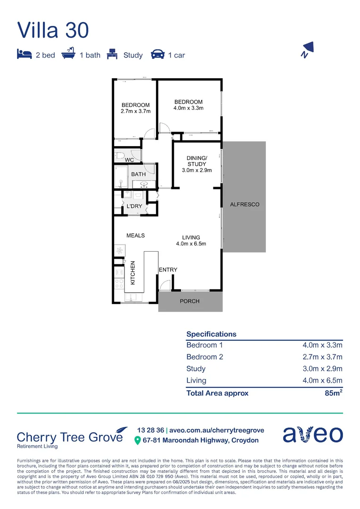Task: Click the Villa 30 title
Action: (53, 30)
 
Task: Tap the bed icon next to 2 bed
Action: (24, 54)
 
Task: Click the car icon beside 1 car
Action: (157, 55)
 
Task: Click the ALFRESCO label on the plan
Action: (244, 205)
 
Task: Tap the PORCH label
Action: (190, 301)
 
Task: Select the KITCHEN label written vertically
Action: (133, 272)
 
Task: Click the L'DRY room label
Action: (134, 206)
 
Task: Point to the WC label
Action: (129, 160)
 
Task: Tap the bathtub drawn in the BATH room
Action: (119, 177)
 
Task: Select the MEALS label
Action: (135, 235)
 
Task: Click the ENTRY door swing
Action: (164, 285)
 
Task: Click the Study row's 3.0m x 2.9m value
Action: (322, 369)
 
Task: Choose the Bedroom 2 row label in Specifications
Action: (205, 357)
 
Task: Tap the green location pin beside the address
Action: (138, 440)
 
